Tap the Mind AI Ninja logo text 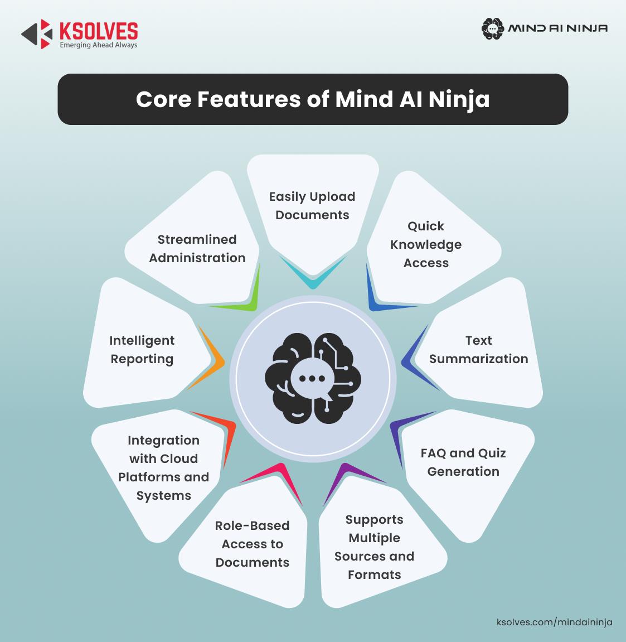click(557, 28)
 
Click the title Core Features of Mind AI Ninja click(313, 99)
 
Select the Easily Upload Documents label click(312, 206)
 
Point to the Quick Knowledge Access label click(426, 244)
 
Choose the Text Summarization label click(478, 350)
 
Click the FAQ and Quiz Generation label click(463, 462)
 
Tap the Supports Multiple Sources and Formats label click(374, 547)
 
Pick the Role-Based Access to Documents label click(252, 544)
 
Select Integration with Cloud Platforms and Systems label click(163, 467)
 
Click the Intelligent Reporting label click(142, 350)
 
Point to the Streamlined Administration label click(197, 248)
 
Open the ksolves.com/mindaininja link click(554, 622)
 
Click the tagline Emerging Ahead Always click(98, 45)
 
